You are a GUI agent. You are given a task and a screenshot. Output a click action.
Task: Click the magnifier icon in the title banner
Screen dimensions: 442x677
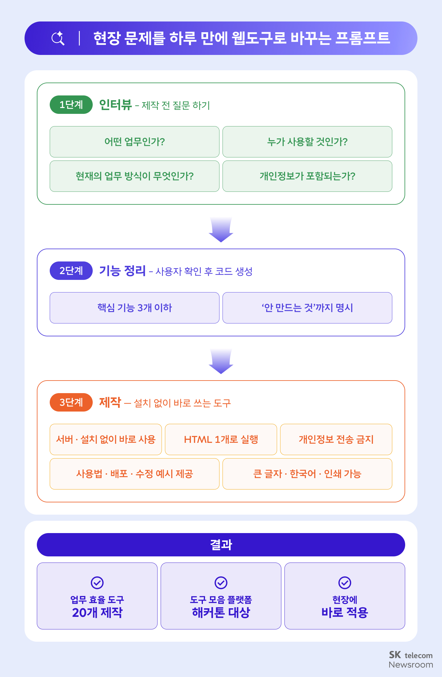tap(58, 38)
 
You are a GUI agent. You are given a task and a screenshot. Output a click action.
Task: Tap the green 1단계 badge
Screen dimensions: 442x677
tap(71, 105)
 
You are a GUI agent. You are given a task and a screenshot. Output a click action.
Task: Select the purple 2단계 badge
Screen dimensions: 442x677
tap(71, 271)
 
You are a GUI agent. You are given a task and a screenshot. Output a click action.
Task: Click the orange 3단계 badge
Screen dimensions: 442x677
tap(71, 402)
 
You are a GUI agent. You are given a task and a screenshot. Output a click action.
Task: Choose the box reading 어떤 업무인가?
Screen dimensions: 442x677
tap(134, 142)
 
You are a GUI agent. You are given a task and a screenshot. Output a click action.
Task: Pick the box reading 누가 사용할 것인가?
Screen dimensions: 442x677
tap(307, 142)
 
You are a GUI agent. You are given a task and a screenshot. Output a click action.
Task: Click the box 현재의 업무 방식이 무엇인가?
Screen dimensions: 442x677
tap(134, 176)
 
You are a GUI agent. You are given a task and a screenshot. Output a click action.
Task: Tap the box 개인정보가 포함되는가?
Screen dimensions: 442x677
tap(307, 176)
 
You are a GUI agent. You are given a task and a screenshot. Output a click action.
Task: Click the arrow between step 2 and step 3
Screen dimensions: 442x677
tap(221, 361)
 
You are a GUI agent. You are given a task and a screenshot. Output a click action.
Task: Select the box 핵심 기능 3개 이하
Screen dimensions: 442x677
tap(134, 308)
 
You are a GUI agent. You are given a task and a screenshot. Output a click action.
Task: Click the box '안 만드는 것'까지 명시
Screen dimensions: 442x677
tap(307, 308)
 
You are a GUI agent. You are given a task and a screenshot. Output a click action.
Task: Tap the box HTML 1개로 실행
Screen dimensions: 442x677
tap(221, 439)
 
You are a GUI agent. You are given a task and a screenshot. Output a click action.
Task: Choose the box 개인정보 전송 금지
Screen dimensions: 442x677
tap(336, 439)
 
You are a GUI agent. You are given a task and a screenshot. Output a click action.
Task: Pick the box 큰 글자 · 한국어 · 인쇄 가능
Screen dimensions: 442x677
tap(307, 474)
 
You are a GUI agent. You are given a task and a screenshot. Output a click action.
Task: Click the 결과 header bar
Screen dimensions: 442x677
tap(221, 545)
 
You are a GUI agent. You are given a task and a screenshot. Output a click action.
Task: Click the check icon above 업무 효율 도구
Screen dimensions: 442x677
tap(97, 583)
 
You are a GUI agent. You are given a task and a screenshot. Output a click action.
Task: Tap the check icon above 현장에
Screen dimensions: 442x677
tap(345, 583)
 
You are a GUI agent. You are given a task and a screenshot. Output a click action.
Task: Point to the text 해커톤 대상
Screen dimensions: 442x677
tap(221, 613)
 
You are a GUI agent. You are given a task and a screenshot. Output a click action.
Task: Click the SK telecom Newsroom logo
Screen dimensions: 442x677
tap(411, 660)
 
